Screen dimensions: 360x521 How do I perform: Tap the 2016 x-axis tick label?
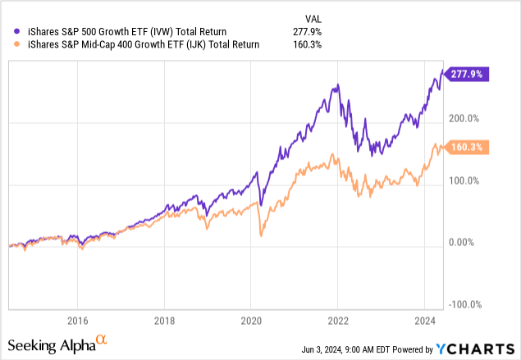[x=78, y=320]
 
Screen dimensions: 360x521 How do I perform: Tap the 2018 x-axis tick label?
[x=165, y=320]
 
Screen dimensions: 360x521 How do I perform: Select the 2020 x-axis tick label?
[x=252, y=320]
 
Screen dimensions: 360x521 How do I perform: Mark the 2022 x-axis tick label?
[x=339, y=320]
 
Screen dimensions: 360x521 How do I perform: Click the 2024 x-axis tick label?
[x=426, y=320]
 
